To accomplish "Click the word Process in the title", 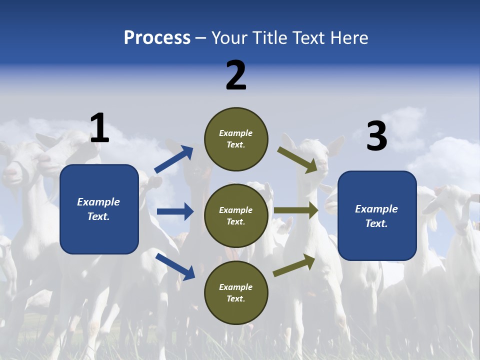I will (157, 38).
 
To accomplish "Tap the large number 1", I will (99, 128).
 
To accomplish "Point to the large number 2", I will (236, 75).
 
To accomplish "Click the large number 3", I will (376, 136).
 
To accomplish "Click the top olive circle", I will (236, 139).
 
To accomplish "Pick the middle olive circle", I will (236, 215).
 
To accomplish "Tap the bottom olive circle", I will (236, 292).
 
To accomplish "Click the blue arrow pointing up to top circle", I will (174, 159).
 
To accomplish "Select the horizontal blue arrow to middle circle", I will (175, 211).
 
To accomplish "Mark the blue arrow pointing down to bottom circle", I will (175, 266).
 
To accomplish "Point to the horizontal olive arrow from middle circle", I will (296, 210).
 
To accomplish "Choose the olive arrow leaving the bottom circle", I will (294, 265).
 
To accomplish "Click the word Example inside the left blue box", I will (98, 202).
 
